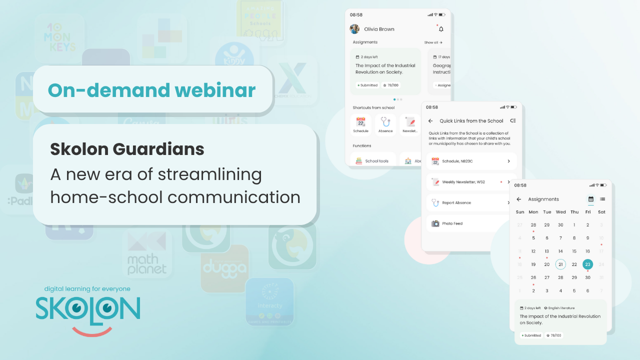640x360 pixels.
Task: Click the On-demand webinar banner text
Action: tap(151, 90)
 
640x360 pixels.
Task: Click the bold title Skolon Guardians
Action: tap(127, 149)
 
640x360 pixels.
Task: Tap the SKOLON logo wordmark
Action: tap(88, 308)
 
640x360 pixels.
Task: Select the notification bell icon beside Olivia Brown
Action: tap(441, 29)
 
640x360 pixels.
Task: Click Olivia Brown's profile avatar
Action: tap(354, 29)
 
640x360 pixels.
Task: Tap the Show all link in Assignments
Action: tap(433, 42)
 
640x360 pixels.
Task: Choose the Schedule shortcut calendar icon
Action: tap(360, 122)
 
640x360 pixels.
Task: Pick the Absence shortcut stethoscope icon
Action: tap(385, 122)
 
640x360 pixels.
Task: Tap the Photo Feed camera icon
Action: tap(435, 223)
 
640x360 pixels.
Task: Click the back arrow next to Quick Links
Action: tap(430, 121)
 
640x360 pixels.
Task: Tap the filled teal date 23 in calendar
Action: tap(587, 264)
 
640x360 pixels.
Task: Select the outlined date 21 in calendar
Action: tap(560, 264)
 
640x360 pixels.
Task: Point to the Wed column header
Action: tap(560, 212)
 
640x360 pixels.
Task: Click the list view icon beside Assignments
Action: tap(602, 199)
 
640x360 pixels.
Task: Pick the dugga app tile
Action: tap(224, 268)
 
